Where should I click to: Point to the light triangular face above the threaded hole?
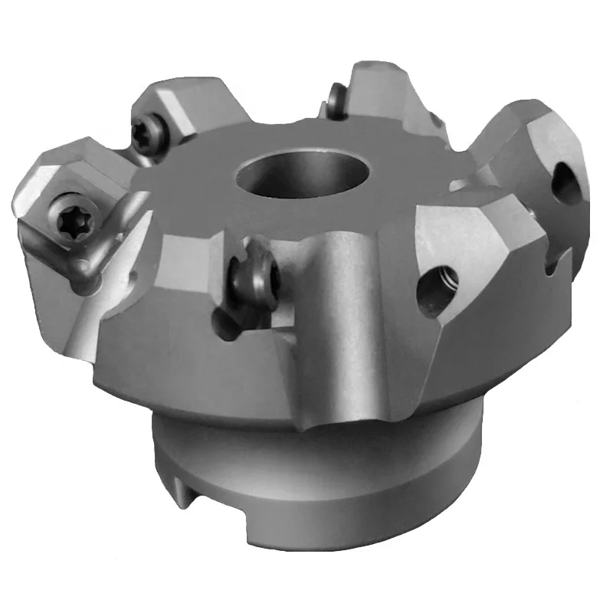460,238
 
